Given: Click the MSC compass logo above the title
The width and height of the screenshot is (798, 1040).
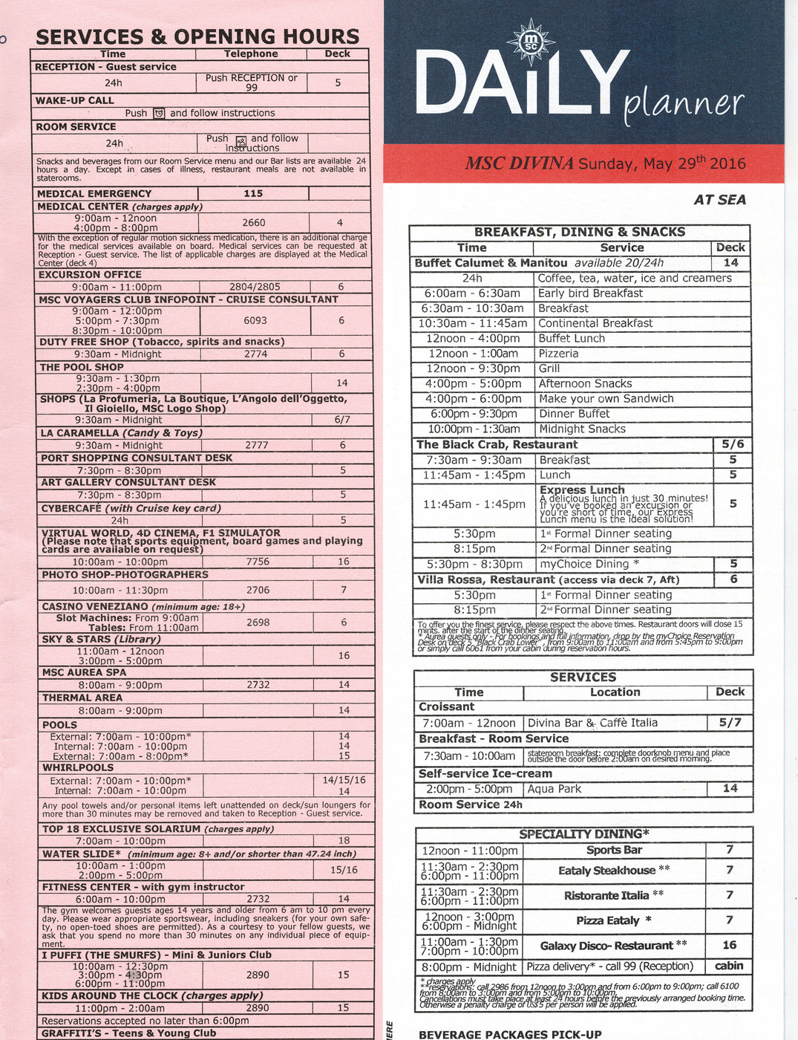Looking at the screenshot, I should tap(530, 42).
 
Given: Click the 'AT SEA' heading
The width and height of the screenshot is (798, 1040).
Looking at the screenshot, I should tap(719, 199).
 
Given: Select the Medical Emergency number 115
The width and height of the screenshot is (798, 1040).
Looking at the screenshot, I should tap(253, 194).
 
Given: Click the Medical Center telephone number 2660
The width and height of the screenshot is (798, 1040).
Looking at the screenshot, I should tap(254, 222).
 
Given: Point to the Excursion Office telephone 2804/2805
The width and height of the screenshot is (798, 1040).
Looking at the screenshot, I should tap(255, 287).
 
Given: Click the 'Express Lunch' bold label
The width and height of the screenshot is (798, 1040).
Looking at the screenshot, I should tap(582, 490).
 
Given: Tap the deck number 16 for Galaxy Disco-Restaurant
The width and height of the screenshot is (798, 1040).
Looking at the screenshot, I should tap(729, 945).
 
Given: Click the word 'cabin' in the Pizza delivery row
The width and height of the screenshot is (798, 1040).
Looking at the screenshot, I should tap(729, 966).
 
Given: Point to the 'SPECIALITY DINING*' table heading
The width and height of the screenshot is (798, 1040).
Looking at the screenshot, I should tap(583, 833).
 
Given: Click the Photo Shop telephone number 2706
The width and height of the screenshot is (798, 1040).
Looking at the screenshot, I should tap(258, 590).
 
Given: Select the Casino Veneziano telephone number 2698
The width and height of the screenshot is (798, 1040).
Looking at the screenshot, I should tap(258, 623).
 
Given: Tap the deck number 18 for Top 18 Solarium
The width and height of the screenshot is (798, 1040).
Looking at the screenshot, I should tap(344, 841).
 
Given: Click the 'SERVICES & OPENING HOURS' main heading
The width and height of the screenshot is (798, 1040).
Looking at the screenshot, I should tap(197, 37).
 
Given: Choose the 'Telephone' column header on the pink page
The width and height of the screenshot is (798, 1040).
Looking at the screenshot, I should tap(251, 54).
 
